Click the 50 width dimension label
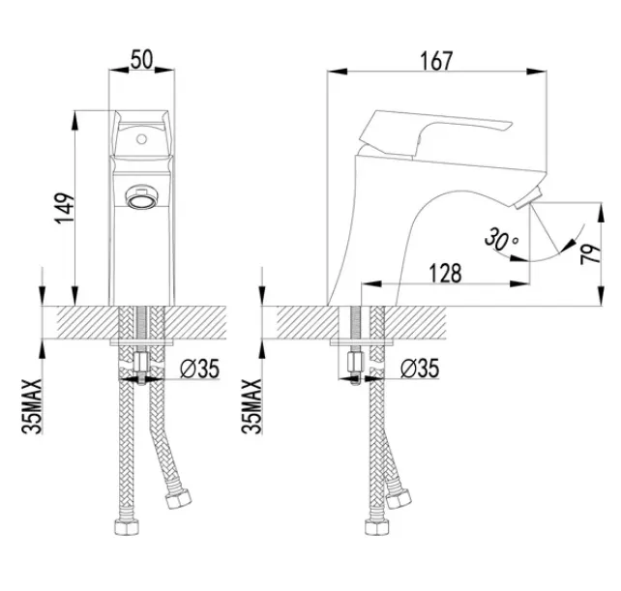141,60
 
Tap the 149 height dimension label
65,208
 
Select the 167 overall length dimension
435,61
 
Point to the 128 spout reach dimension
446,274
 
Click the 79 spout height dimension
591,254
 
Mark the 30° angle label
501,239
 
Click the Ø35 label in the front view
199,369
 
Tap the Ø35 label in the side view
420,369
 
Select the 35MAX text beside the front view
32,406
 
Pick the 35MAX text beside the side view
251,406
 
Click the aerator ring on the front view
141,197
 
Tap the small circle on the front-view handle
141,139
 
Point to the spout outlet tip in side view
526,199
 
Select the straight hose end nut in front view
127,527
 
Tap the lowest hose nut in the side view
377,527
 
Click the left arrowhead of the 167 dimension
338,72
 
